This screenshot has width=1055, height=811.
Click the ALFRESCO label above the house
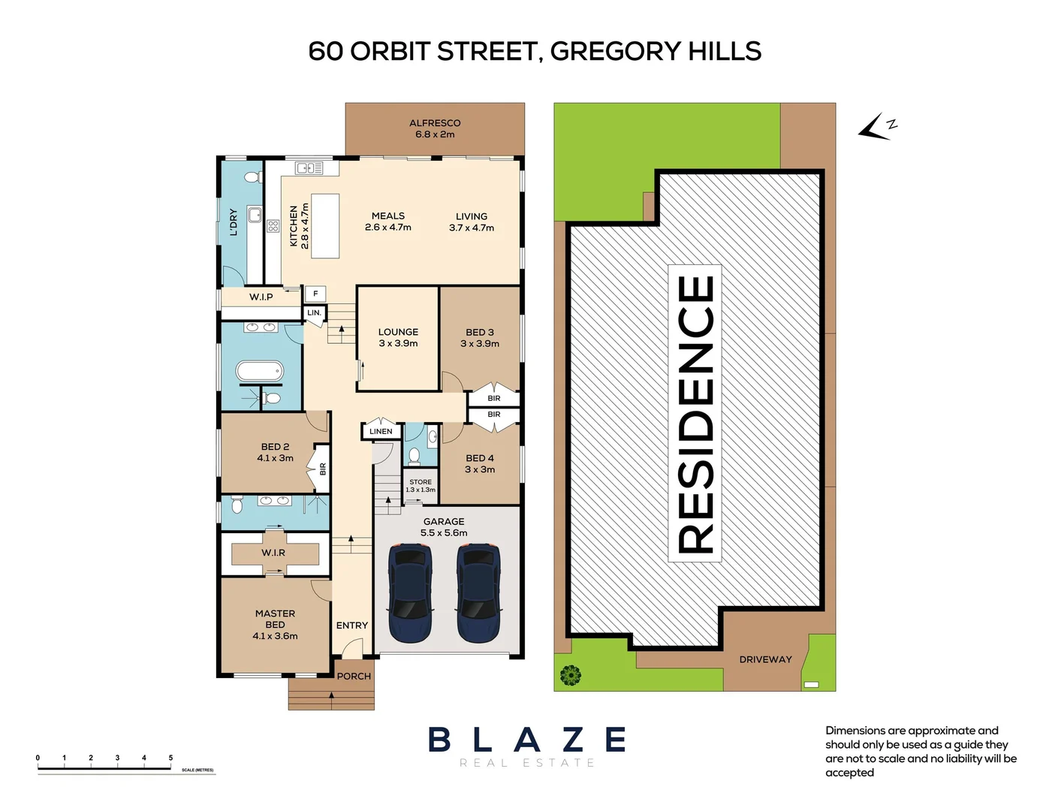[435, 123]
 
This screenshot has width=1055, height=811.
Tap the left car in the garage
[410, 593]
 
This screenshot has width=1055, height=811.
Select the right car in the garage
[478, 593]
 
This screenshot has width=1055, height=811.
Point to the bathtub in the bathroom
[260, 371]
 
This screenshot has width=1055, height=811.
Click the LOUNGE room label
[398, 332]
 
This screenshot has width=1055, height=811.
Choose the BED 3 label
[480, 332]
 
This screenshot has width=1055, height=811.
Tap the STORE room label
[420, 482]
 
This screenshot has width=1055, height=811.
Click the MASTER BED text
[275, 619]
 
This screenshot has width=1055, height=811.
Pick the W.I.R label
[273, 553]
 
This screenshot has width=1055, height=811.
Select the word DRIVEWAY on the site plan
[765, 659]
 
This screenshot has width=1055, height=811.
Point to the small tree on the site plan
[571, 675]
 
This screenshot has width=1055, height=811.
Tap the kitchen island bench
[325, 226]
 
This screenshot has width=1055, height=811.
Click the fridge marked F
[315, 294]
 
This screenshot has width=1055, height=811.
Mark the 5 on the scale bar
[170, 758]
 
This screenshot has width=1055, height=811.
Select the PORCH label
[354, 676]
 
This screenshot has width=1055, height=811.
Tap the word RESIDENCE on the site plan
[695, 414]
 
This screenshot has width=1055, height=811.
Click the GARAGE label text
[444, 521]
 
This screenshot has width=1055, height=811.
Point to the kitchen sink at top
[309, 168]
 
